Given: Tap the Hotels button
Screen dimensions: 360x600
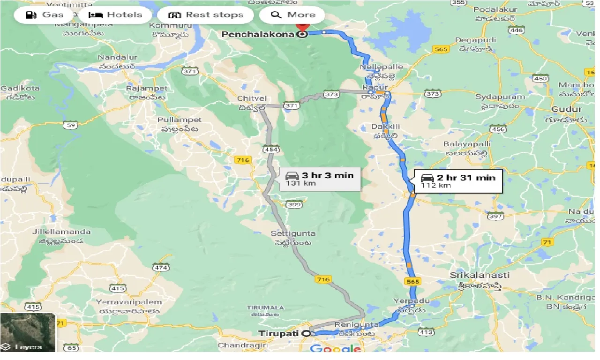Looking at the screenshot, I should click(x=115, y=15).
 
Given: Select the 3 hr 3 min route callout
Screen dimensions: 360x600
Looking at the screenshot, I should click(x=321, y=179).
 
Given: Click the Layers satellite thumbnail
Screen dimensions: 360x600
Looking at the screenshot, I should click(x=28, y=332).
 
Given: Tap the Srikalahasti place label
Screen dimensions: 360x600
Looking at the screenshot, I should click(x=472, y=275).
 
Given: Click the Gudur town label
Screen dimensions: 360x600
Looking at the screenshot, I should click(x=570, y=109).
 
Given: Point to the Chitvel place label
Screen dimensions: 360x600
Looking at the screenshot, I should click(x=252, y=98).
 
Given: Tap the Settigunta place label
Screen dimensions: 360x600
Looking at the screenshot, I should click(x=293, y=233).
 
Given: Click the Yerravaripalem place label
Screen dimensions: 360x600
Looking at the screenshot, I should click(x=129, y=302).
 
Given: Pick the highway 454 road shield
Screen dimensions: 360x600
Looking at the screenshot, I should click(x=270, y=149).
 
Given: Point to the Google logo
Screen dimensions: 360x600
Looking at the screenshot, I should click(x=335, y=349).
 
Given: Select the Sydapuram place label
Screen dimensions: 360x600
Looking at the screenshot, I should click(x=500, y=97).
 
